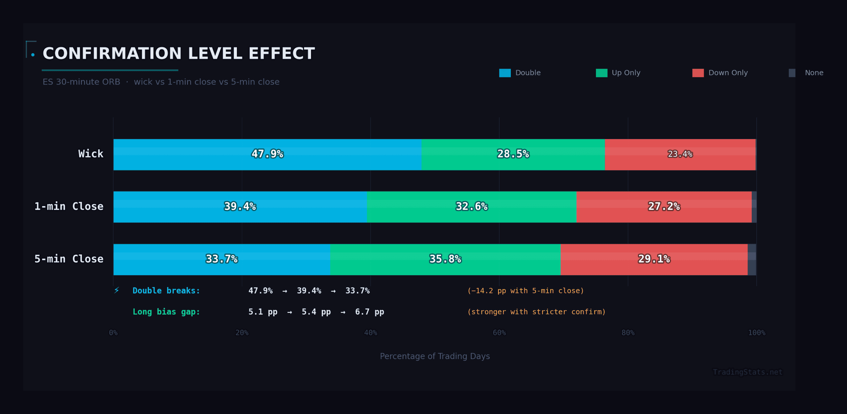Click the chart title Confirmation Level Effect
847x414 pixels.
pos(179,54)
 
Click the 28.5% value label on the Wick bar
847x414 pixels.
pos(513,154)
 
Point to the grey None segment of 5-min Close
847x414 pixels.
pos(752,260)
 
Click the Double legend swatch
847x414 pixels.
pos(505,73)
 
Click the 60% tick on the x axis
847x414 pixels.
pos(499,333)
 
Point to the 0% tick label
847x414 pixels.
pos(113,333)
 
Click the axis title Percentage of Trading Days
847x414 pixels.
pos(435,356)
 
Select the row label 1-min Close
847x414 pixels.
pos(69,207)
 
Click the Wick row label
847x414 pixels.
pos(91,154)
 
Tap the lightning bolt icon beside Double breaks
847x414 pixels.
pos(116,290)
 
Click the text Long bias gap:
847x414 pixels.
pos(166,312)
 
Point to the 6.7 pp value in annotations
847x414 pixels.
pos(369,312)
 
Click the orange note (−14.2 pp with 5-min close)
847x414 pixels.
pos(525,291)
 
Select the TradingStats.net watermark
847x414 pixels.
pos(747,372)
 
